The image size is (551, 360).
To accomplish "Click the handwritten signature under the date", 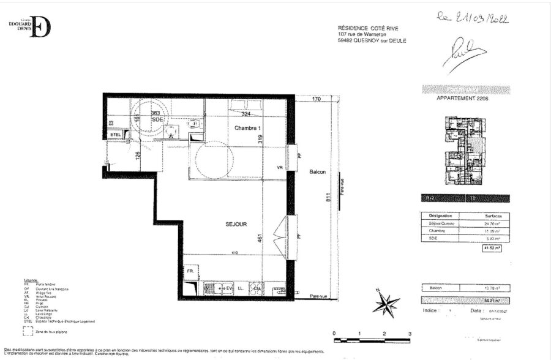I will pyautogui.click(x=468, y=50).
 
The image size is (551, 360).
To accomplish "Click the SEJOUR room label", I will pyautogui.click(x=236, y=225).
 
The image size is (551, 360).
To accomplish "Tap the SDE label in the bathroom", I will pyautogui.click(x=157, y=120).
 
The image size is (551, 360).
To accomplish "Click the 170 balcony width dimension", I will pyautogui.click(x=317, y=99).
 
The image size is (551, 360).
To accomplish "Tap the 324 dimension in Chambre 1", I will pyautogui.click(x=246, y=114).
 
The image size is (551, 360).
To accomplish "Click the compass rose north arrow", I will pyautogui.click(x=386, y=302).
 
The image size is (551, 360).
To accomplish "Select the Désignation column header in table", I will pyautogui.click(x=440, y=216).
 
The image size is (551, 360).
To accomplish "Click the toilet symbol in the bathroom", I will pyautogui.click(x=194, y=123).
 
